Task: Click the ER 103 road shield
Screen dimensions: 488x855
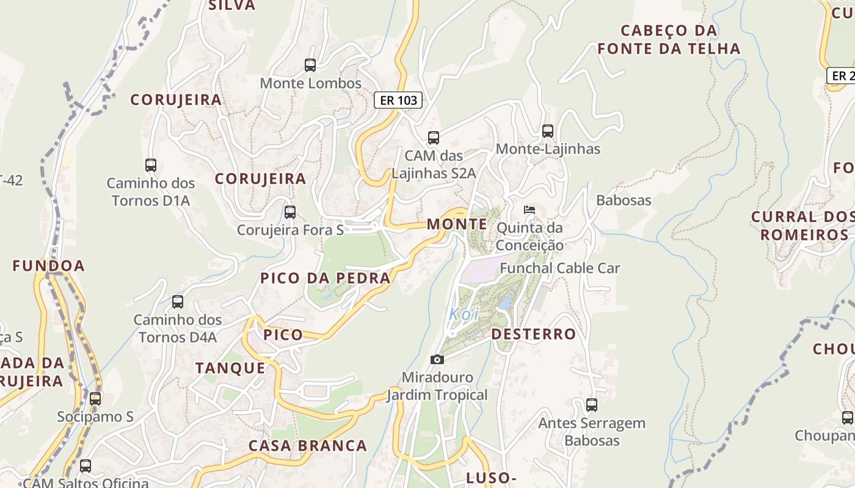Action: [x=398, y=100]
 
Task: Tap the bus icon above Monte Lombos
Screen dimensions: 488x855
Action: [x=310, y=65]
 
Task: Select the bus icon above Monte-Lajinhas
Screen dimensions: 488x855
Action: [x=548, y=131]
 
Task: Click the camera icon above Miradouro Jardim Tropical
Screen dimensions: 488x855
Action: [x=437, y=359]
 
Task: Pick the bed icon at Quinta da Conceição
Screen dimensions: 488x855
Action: [x=529, y=210]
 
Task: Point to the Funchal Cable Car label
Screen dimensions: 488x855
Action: [x=559, y=268]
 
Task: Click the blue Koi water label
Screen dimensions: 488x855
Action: [x=464, y=314]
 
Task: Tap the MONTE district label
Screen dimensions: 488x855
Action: [x=457, y=224]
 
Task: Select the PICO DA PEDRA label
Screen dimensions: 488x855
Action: [x=325, y=278]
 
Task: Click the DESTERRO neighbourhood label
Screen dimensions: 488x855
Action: [x=533, y=334]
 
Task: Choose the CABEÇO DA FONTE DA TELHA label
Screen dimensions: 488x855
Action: [x=669, y=40]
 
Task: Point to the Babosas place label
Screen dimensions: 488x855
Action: [x=624, y=200]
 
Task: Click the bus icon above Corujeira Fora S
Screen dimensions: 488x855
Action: [x=290, y=212]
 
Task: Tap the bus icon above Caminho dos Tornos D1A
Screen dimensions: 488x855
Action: [x=151, y=165]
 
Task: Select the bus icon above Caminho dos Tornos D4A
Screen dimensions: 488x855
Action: [x=178, y=301]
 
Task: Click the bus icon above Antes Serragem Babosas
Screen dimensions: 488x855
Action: [x=591, y=404]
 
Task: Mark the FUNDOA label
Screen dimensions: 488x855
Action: [x=49, y=266]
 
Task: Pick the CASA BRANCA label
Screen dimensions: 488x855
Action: [x=307, y=445]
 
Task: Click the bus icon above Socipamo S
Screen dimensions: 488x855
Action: [x=95, y=398]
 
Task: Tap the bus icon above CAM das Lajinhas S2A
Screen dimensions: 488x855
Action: [x=434, y=137]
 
